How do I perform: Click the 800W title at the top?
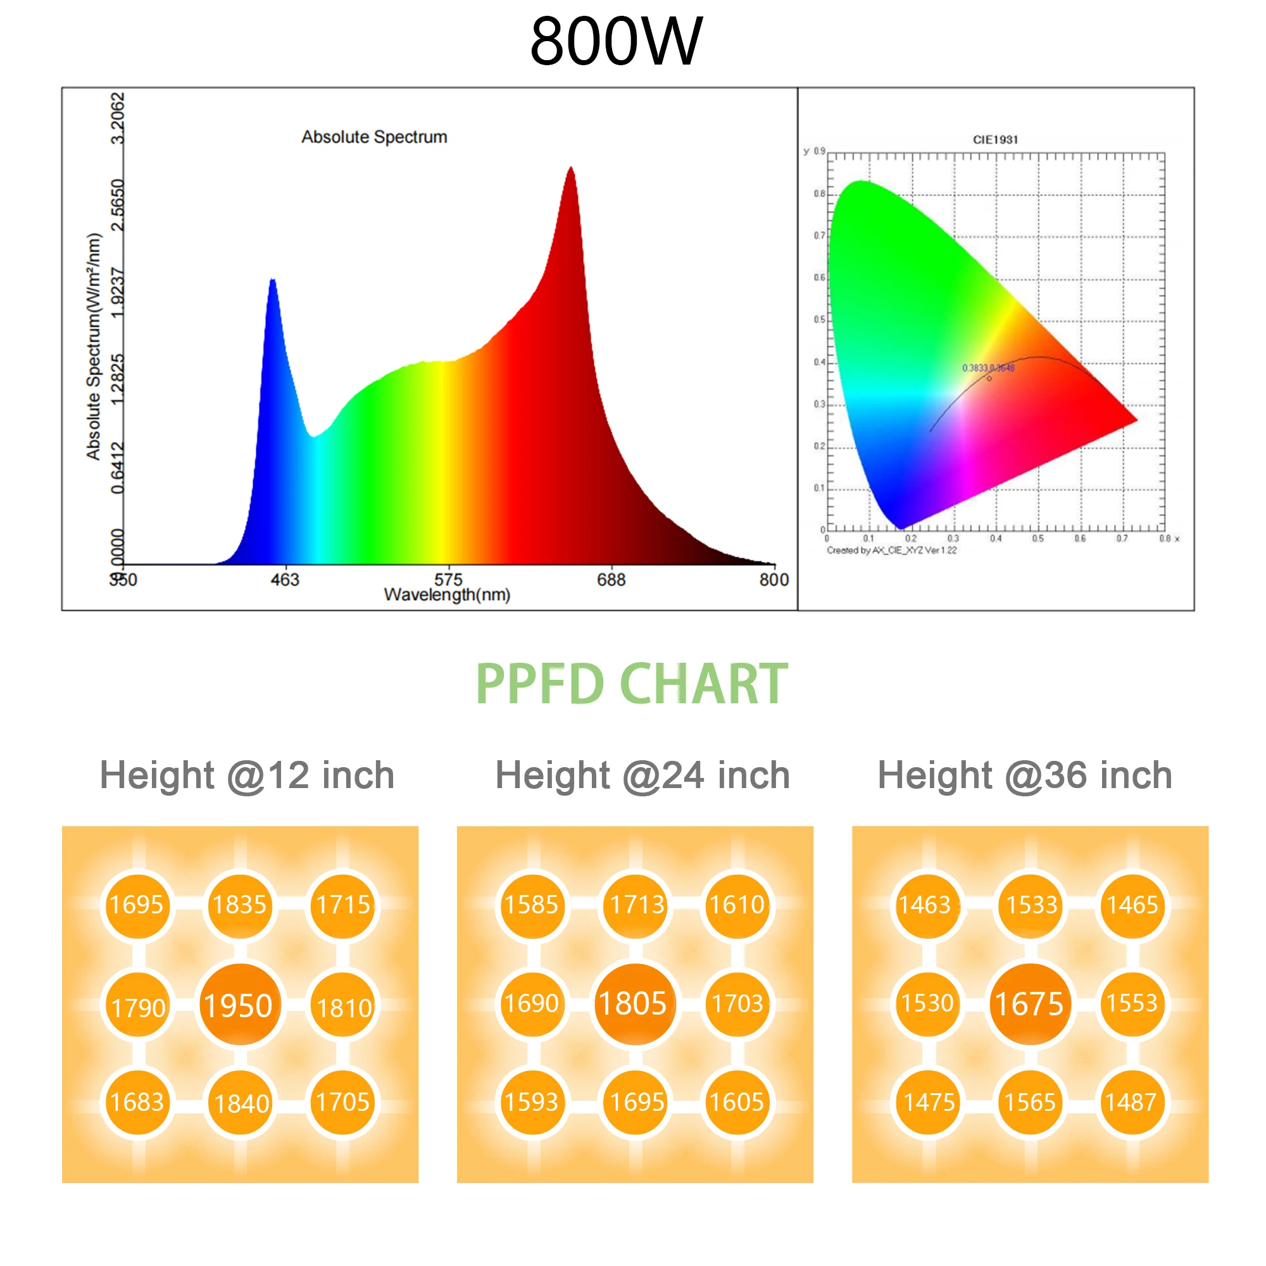click(616, 41)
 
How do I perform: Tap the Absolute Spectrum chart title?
click(374, 137)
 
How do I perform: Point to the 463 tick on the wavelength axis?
click(285, 579)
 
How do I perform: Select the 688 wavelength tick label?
click(611, 579)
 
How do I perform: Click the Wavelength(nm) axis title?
click(447, 595)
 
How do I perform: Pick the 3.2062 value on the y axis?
click(117, 118)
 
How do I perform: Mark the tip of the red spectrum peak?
click(571, 168)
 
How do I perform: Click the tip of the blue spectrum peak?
click(273, 280)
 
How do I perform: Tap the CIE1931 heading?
click(994, 139)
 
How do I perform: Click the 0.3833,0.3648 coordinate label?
click(987, 368)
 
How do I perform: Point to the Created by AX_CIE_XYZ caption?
click(891, 551)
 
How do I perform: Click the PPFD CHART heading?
click(632, 684)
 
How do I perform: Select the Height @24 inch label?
click(642, 775)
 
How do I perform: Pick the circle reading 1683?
click(137, 1102)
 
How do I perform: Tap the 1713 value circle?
click(636, 905)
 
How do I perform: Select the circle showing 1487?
click(1131, 1102)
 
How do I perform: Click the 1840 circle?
click(241, 1103)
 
